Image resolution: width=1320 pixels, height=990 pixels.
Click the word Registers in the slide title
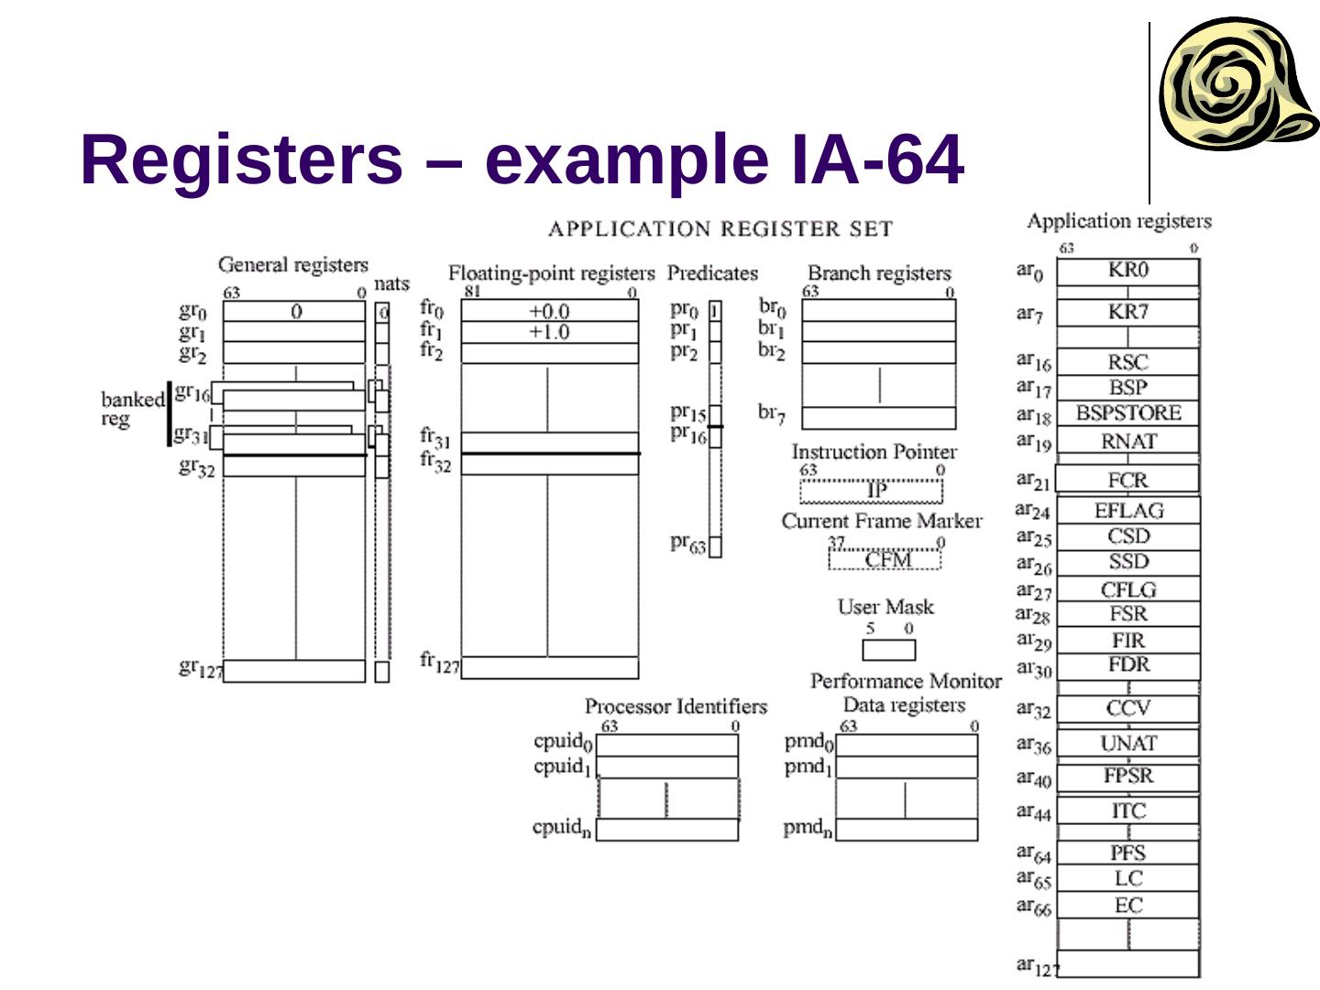[x=241, y=159]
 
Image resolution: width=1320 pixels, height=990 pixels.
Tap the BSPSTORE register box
[x=1127, y=413]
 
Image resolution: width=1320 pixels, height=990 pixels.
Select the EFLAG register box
[x=1127, y=511]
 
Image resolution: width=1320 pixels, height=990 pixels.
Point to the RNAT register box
[x=1127, y=441]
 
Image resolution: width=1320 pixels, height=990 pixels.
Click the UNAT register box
[x=1127, y=742]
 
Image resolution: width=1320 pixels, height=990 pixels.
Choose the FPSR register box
[x=1127, y=776]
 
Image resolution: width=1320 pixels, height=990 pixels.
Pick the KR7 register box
[x=1127, y=312]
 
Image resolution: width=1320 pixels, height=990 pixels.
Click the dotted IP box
[x=871, y=491]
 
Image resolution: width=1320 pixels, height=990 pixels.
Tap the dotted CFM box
[x=885, y=559]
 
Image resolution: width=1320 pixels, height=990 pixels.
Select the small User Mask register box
[x=888, y=650]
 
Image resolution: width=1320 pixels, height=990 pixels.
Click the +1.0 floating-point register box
[x=549, y=332]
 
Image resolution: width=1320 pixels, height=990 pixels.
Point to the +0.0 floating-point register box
[x=549, y=312]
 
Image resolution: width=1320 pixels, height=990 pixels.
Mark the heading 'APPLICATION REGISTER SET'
[x=720, y=228]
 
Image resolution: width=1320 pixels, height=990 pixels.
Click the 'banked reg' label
[x=131, y=410]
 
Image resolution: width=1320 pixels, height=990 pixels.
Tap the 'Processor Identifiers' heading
[x=676, y=706]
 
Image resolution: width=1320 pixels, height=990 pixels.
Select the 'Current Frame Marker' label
[x=881, y=521]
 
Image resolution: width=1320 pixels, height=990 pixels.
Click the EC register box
[x=1127, y=906]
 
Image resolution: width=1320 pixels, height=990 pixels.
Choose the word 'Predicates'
[x=712, y=273]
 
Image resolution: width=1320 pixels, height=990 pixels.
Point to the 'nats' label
[x=391, y=283]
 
